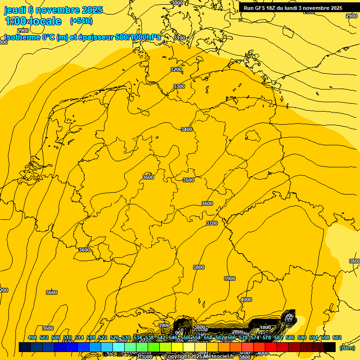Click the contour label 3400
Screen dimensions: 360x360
point(187,129)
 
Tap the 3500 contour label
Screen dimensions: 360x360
point(188,180)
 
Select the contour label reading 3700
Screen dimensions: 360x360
point(212,223)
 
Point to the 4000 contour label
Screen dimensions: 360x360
point(246,300)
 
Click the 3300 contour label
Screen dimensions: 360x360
point(179,86)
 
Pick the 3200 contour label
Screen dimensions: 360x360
point(176,69)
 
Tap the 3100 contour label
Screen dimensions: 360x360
point(180,38)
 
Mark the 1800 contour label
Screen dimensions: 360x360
point(265,327)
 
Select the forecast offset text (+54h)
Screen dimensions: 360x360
point(81,21)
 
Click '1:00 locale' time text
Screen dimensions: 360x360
point(33,21)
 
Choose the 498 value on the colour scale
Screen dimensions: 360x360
point(32,337)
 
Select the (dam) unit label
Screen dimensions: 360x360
point(347,348)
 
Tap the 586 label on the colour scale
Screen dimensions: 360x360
point(290,337)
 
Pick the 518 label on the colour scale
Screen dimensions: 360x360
point(91,337)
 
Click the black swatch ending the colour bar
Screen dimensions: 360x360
point(330,347)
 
